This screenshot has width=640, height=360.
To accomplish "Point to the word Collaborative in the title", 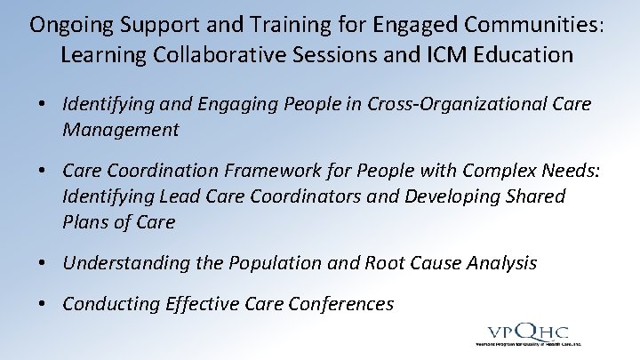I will pyautogui.click(x=204, y=54).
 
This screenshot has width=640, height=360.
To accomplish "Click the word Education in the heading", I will pyautogui.click(x=532, y=54).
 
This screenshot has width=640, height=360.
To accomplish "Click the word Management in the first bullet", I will pyautogui.click(x=120, y=130).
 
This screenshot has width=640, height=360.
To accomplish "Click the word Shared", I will pyautogui.click(x=531, y=196).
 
